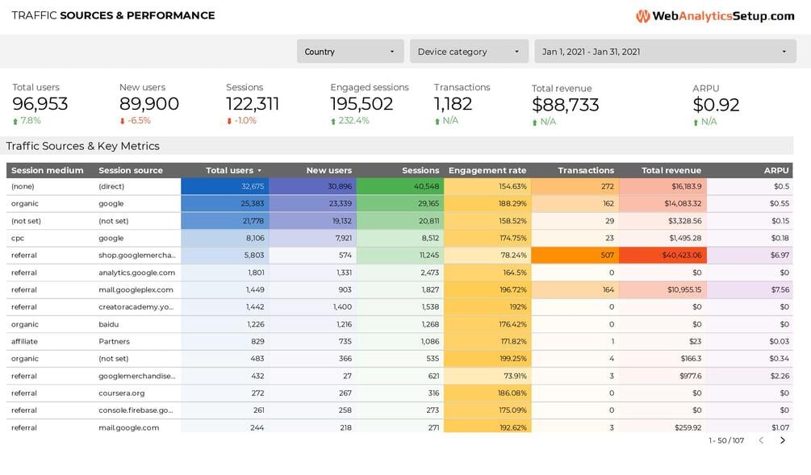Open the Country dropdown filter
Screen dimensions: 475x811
(349, 52)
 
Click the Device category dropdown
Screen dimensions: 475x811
(469, 52)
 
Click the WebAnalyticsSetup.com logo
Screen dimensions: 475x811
(715, 16)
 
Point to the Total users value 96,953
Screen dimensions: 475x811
(40, 104)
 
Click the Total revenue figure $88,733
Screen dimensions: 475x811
(565, 105)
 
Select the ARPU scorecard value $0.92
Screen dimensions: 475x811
(716, 105)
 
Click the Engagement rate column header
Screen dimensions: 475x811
(487, 171)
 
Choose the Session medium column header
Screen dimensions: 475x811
(48, 171)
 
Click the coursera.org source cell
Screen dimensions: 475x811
(122, 394)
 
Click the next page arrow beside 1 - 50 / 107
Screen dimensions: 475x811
(782, 440)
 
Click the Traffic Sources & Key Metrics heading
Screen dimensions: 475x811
(83, 146)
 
